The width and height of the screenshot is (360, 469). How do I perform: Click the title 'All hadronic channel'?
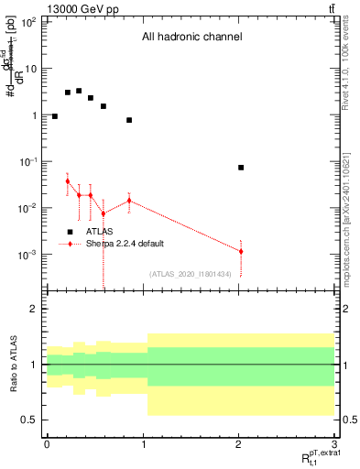click(x=191, y=38)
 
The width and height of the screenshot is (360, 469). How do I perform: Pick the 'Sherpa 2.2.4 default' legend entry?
click(x=121, y=244)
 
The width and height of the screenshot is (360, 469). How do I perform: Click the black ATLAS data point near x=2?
click(x=240, y=168)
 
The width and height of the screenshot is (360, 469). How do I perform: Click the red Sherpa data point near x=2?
click(x=240, y=251)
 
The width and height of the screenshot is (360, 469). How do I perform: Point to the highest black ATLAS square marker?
click(x=79, y=91)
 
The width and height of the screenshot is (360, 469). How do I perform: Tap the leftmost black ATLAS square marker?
click(x=55, y=116)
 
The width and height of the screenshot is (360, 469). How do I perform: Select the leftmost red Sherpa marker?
click(x=68, y=181)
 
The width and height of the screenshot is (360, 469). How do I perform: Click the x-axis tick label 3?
click(x=334, y=444)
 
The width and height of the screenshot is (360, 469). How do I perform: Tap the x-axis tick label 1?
click(x=142, y=444)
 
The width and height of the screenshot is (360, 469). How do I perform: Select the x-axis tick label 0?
click(x=46, y=444)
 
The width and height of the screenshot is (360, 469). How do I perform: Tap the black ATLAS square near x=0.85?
click(x=129, y=120)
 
